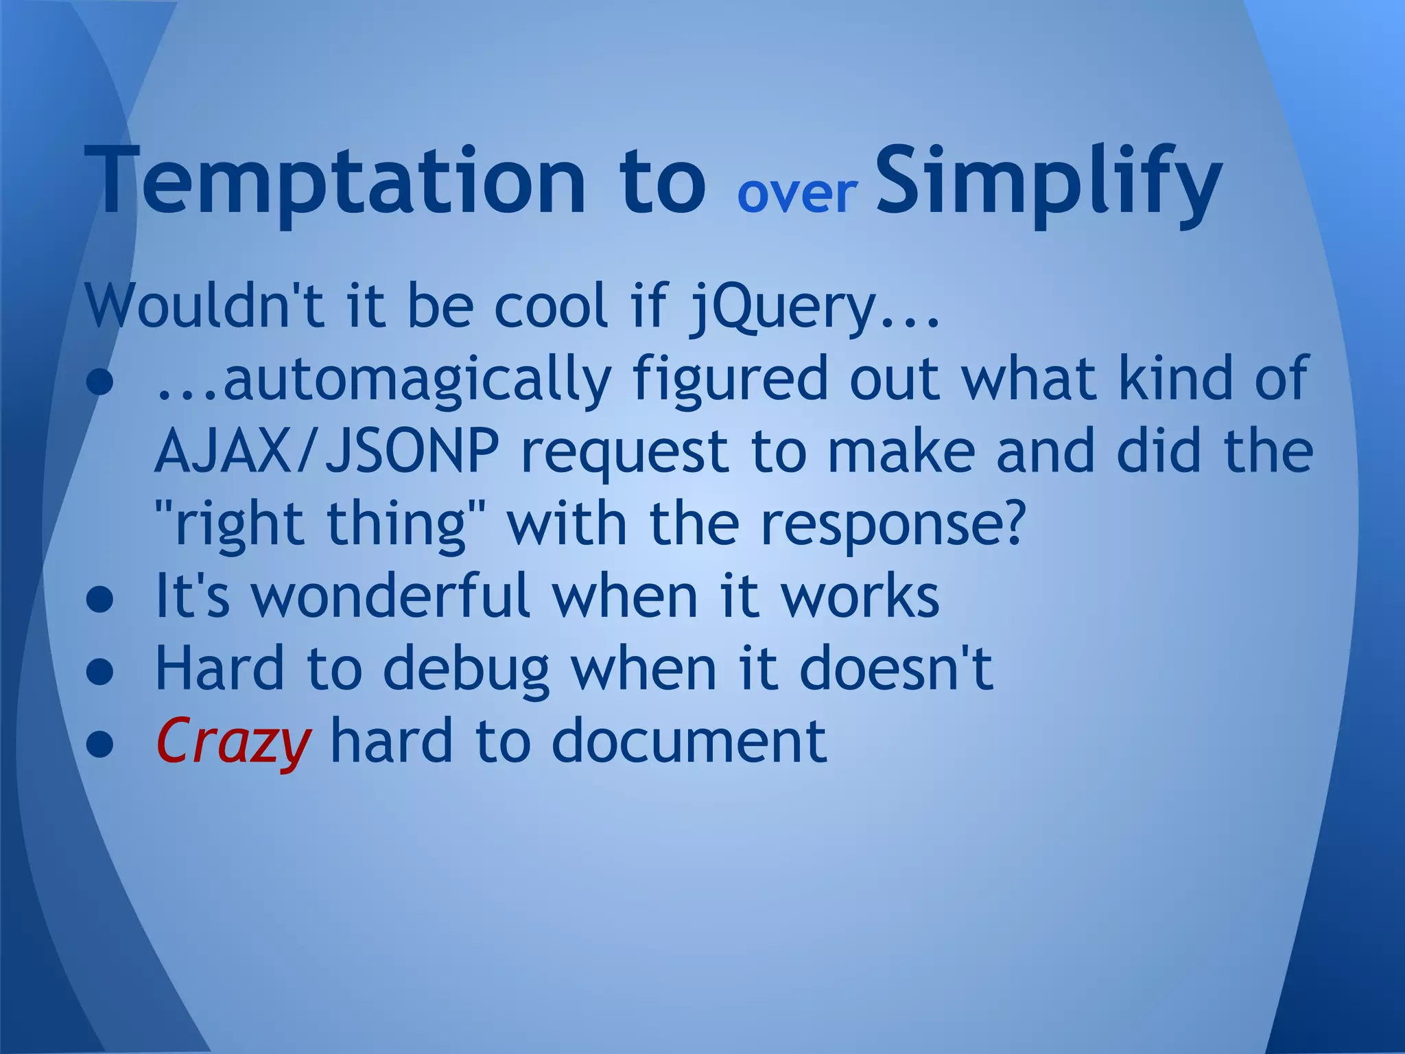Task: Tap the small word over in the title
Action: [797, 194]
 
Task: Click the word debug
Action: [467, 670]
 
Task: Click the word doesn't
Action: [896, 668]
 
